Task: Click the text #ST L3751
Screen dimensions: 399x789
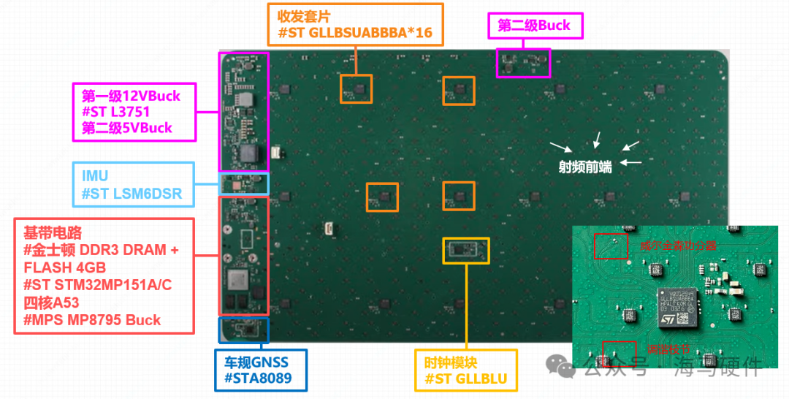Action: coord(116,112)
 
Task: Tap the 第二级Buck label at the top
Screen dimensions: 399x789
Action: coord(535,26)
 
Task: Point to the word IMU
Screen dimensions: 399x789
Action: coord(96,176)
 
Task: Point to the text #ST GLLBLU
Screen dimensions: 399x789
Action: coord(466,379)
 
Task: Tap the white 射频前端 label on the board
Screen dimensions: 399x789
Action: coord(584,166)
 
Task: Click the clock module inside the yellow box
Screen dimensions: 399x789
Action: coord(465,249)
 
